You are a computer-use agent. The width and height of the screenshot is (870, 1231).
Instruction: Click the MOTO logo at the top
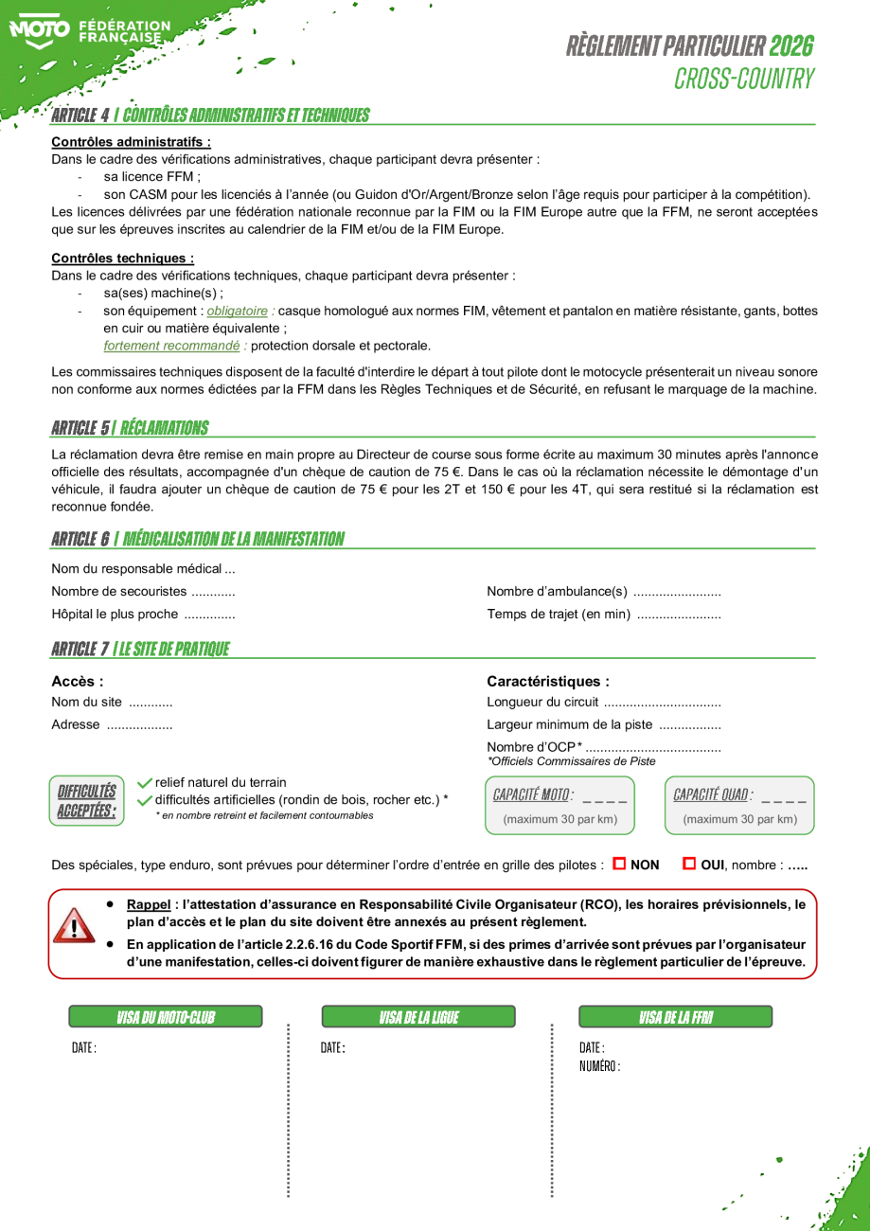40,30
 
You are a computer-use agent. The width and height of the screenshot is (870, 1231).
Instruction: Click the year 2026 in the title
791,45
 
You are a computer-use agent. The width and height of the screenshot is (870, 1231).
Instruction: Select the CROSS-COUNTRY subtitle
744,79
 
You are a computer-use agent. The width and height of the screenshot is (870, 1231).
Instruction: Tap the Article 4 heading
210,116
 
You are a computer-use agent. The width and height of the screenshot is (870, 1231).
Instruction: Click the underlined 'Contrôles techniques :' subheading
123,258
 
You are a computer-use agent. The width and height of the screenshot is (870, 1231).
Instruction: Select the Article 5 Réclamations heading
130,428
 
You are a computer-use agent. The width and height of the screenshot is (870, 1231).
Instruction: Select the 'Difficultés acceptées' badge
87,800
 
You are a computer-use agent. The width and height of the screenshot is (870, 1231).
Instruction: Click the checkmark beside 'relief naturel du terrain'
145,782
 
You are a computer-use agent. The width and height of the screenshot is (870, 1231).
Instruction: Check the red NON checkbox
620,864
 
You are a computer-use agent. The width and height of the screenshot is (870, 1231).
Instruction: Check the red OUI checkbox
689,864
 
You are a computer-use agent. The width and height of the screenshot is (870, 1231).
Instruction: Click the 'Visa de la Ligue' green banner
418,1017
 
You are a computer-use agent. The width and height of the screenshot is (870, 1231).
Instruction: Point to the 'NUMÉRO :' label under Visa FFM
600,1066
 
